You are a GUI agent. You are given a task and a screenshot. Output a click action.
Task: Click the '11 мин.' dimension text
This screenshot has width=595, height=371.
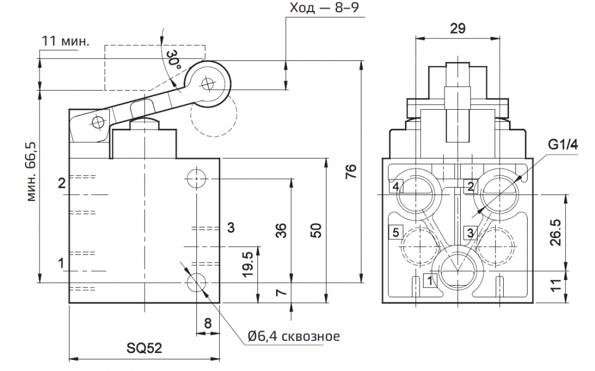pos(66,41)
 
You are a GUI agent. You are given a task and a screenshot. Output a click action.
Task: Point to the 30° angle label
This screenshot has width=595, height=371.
pos(173,60)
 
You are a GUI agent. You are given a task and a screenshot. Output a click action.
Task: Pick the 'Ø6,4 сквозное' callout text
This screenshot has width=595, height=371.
pos(293,336)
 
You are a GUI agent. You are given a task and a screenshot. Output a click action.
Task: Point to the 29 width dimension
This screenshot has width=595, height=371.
pos(457,28)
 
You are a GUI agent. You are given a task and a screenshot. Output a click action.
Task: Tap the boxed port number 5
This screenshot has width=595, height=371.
pos(395,233)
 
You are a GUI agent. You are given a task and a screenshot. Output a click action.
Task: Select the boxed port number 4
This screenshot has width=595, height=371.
pos(395,186)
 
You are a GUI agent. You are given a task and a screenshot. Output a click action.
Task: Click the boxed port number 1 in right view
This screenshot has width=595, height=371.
pos(429,281)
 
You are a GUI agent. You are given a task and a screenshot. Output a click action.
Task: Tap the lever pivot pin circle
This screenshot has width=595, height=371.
pos(98,121)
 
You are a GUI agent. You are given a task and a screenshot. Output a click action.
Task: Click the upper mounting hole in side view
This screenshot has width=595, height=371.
pos(197,178)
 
